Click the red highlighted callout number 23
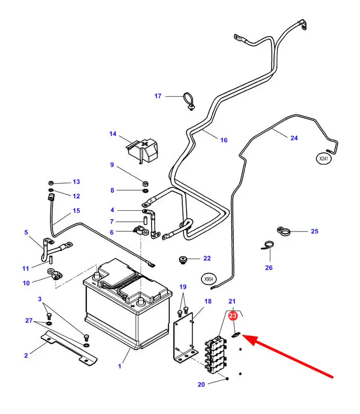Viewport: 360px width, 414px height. click(232, 316)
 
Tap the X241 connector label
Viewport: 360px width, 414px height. click(323, 158)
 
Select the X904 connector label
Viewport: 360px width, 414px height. click(210, 278)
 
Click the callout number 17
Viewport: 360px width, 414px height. click(157, 96)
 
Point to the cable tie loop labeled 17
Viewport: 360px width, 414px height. click(188, 100)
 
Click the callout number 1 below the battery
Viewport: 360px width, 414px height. click(119, 366)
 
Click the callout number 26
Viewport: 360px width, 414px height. click(269, 268)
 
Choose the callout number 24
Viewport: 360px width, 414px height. click(294, 138)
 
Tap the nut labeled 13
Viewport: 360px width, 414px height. click(50, 182)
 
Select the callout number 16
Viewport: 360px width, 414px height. click(224, 140)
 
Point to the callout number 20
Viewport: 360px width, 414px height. click(201, 384)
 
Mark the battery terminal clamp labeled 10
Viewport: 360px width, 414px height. click(55, 274)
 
